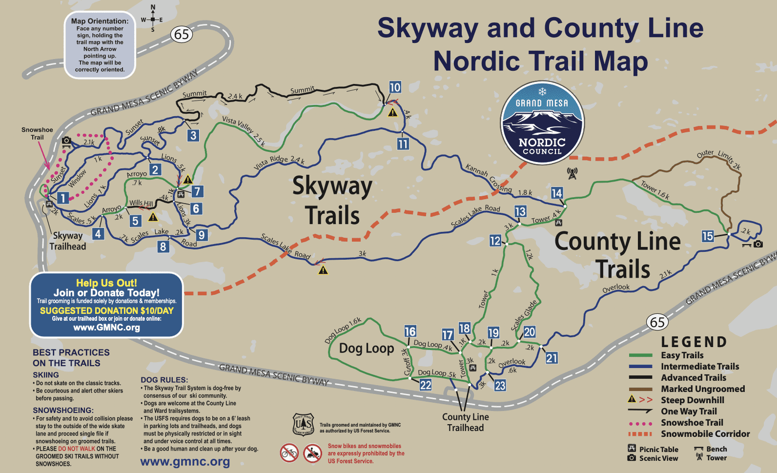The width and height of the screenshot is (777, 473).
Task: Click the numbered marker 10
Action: [x=395, y=87]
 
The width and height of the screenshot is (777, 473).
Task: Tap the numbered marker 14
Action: [x=557, y=193]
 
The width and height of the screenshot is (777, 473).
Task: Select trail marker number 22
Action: [x=426, y=385]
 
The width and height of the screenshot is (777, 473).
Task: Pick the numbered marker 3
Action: [x=193, y=135]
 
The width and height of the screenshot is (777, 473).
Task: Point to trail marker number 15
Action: [x=708, y=236]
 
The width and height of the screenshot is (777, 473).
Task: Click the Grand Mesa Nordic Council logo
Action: [x=542, y=123]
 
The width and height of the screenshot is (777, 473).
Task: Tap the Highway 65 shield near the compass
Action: [x=182, y=34]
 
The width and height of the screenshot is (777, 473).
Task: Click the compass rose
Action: [x=153, y=20]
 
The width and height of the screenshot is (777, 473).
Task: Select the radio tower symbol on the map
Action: [x=572, y=173]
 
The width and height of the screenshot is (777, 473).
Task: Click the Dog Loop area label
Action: [x=367, y=348]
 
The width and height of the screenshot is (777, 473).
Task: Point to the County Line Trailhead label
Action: [x=466, y=422]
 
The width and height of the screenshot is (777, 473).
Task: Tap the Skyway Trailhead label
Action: [x=68, y=241]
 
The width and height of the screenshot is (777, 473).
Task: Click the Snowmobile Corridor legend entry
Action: [x=705, y=434]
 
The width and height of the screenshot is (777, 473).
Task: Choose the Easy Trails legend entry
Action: [x=682, y=355]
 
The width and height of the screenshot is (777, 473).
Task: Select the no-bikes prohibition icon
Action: [x=289, y=453]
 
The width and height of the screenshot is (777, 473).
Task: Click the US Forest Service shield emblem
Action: [x=303, y=424]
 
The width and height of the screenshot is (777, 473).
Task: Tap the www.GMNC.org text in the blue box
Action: [x=106, y=328]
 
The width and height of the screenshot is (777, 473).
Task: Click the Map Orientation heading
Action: [x=100, y=21]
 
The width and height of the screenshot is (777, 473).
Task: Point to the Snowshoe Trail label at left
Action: [x=37, y=133]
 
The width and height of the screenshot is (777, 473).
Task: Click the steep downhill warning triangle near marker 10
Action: [x=393, y=113]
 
